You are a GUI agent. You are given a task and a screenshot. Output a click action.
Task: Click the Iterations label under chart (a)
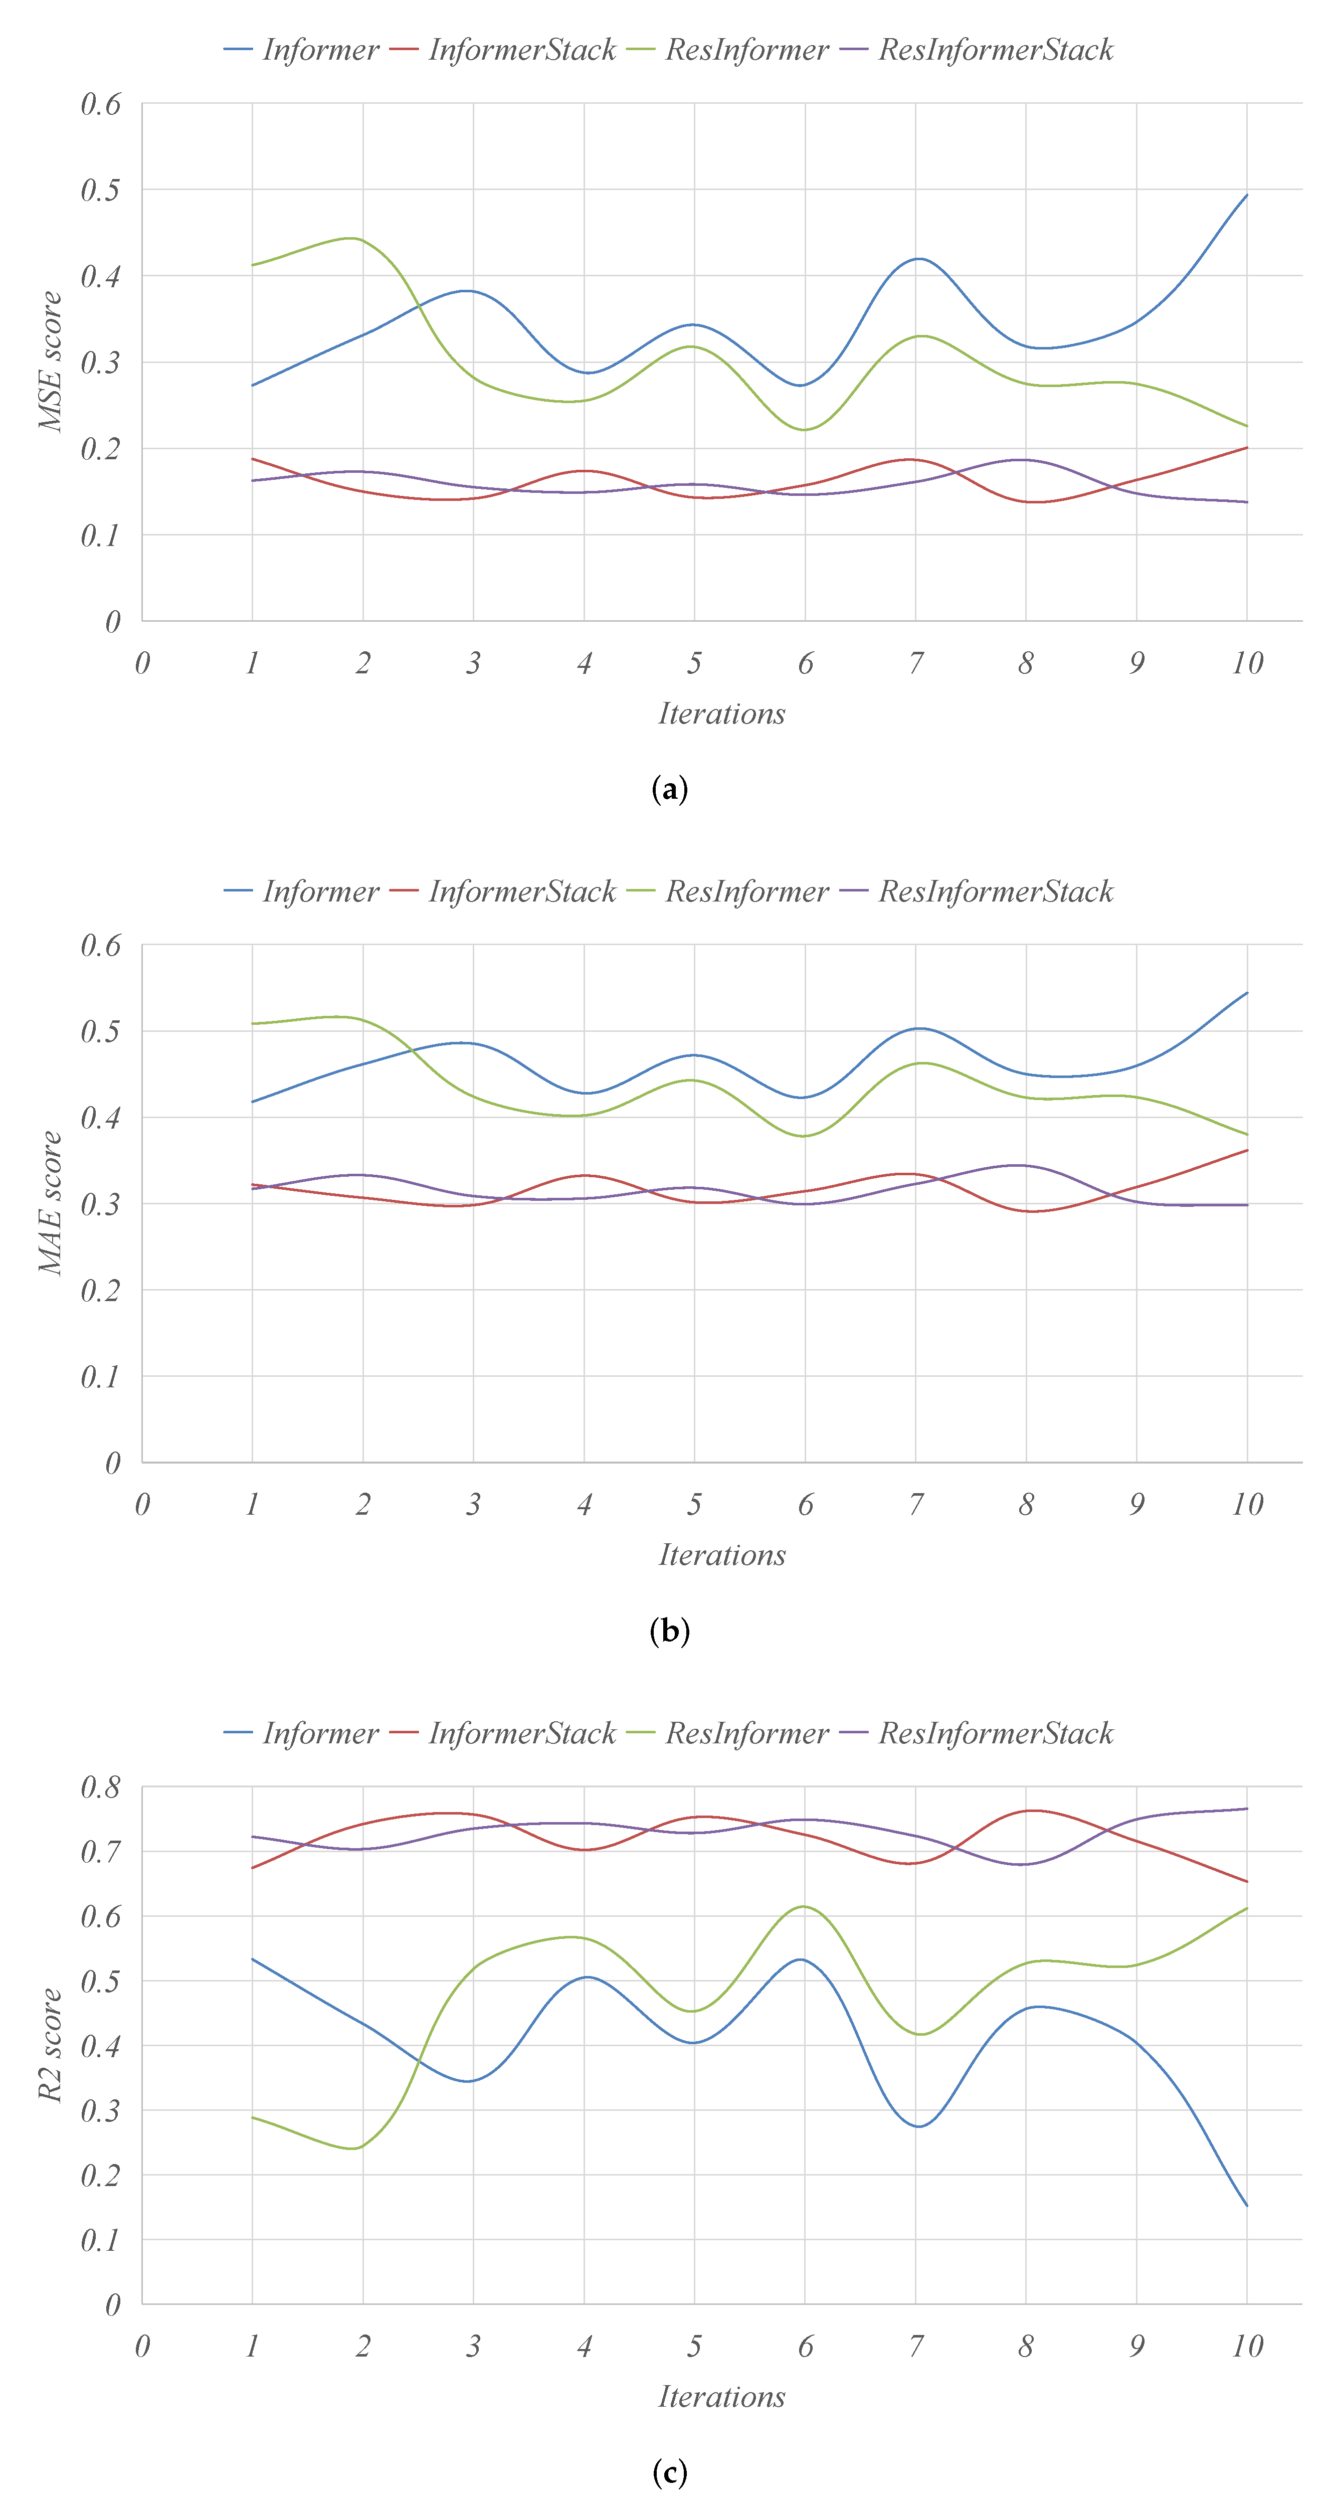tap(721, 713)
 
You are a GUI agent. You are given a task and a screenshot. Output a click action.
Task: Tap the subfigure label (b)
tap(669, 1630)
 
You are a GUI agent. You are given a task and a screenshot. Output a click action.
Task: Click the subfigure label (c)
tap(669, 2472)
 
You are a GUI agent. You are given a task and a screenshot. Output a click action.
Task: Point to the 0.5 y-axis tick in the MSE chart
tap(101, 190)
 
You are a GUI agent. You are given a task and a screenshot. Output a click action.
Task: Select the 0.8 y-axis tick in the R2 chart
tap(101, 1787)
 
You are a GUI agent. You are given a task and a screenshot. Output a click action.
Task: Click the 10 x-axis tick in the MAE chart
tap(1247, 1505)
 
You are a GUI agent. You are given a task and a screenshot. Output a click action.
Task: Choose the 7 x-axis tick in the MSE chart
tap(915, 663)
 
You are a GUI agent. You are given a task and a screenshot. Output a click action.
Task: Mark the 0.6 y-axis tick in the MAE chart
tap(101, 945)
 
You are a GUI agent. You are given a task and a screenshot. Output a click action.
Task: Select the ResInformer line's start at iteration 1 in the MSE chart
tap(253, 265)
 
